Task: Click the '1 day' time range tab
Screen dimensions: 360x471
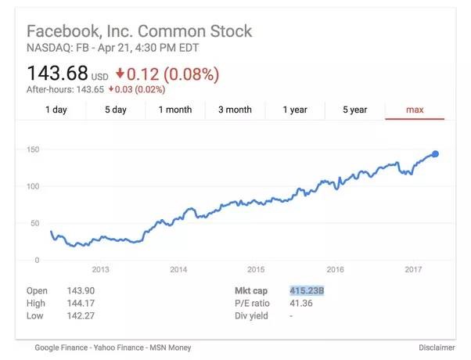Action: pos(56,110)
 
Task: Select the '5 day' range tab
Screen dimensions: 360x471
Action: pos(116,110)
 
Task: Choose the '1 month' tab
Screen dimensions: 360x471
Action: pos(175,110)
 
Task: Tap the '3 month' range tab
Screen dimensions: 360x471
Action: pos(235,110)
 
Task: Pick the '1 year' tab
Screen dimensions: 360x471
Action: pos(295,110)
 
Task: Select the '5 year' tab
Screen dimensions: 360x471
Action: pos(354,110)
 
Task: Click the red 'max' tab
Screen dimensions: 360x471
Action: pos(415,110)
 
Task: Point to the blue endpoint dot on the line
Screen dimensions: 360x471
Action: pos(435,153)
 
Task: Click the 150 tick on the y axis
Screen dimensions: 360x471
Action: pos(33,149)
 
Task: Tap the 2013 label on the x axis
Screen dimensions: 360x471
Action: pos(100,269)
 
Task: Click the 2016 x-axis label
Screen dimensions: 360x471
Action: pos(335,269)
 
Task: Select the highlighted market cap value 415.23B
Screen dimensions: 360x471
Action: pos(307,290)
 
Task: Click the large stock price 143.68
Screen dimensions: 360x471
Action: pos(56,74)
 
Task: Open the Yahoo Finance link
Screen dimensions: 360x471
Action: pos(123,347)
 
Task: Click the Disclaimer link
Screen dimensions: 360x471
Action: pos(437,347)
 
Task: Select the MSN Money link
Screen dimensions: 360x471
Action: pos(171,347)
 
